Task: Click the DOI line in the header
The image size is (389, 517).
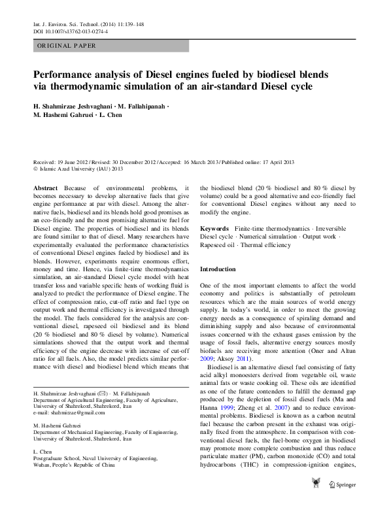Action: (x=71, y=31)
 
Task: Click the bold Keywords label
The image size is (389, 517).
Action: (x=214, y=228)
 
